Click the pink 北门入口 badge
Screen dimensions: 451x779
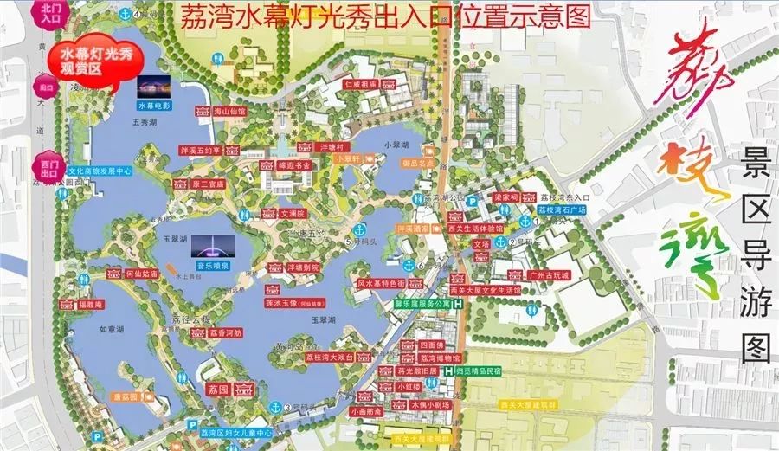(44, 13)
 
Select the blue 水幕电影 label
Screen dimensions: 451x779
(153, 105)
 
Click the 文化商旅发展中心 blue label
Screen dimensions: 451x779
(100, 171)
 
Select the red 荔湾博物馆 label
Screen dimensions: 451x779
(441, 358)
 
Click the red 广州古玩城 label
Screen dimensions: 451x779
(547, 274)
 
